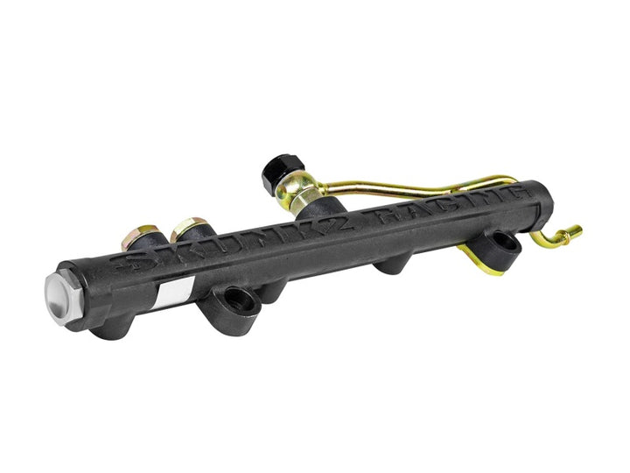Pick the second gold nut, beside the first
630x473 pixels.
[186, 230]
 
